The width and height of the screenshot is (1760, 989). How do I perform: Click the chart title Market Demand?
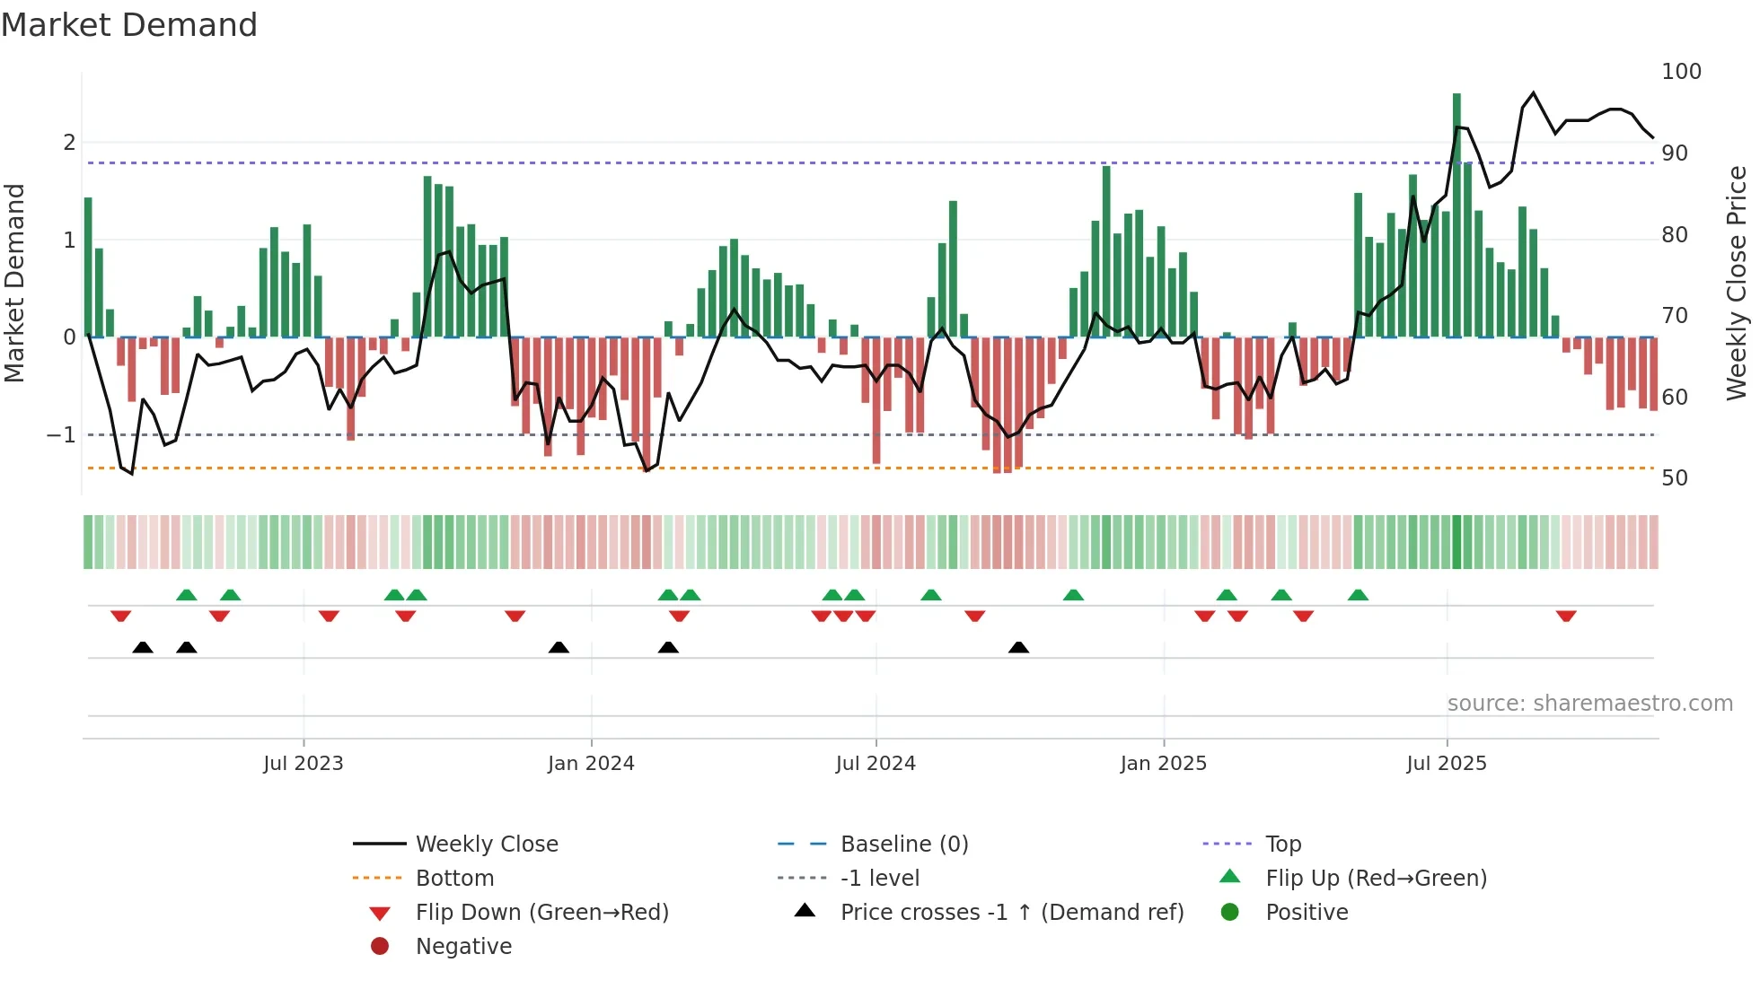129,25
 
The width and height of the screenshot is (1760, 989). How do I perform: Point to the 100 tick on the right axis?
1681,72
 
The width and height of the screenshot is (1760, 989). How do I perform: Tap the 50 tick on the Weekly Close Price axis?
1675,478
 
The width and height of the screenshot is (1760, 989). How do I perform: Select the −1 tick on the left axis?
61,435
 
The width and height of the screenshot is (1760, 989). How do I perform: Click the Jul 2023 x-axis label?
304,764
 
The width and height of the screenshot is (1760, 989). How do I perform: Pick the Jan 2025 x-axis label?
1164,764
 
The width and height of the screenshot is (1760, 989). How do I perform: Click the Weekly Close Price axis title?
1737,283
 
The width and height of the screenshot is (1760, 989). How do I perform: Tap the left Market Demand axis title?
14,283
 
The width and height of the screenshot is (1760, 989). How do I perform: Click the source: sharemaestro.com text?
1589,704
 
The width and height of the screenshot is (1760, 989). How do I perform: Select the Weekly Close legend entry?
487,845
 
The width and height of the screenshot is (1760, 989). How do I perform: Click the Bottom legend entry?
454,879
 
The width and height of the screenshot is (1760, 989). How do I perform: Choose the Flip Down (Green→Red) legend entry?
541,913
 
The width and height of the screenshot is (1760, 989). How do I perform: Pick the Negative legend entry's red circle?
380,947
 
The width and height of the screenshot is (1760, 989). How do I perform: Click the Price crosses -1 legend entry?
1012,913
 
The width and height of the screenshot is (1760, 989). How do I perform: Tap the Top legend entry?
1283,845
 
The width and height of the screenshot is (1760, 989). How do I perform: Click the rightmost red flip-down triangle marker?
1566,617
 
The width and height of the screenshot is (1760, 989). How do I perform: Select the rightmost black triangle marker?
1018,647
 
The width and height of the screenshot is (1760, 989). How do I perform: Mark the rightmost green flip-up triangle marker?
1358,595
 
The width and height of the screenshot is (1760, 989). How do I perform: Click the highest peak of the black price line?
1533,93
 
